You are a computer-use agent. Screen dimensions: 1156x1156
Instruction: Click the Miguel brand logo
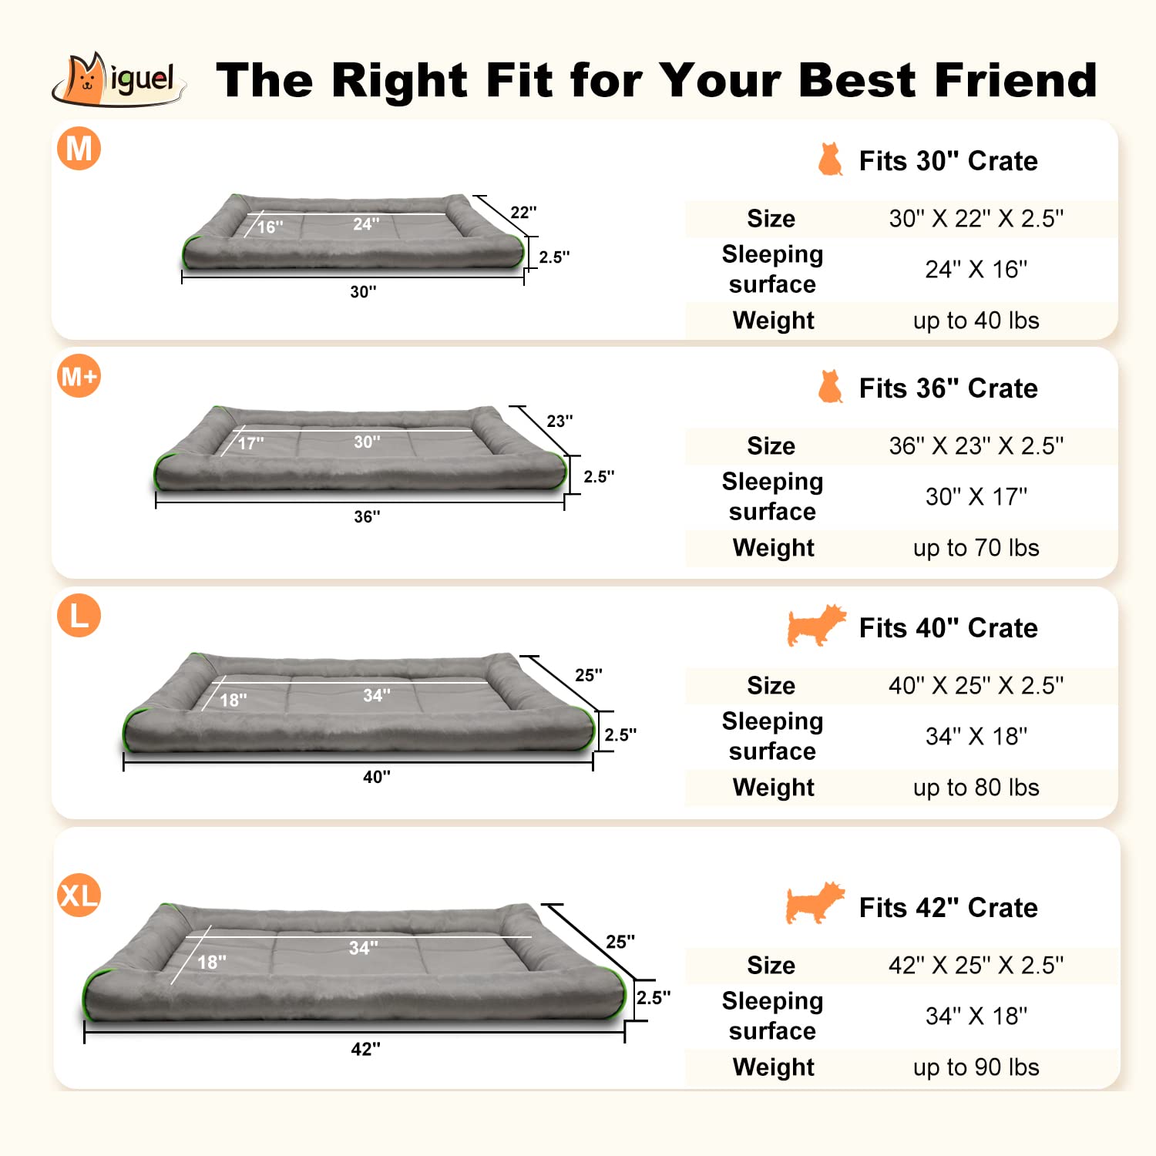(x=119, y=79)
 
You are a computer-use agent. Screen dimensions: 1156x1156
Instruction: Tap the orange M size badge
(x=79, y=148)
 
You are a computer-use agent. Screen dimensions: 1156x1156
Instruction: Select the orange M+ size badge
(x=79, y=376)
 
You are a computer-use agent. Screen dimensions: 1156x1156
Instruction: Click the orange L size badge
(x=79, y=616)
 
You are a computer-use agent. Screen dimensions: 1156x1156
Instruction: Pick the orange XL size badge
(x=79, y=896)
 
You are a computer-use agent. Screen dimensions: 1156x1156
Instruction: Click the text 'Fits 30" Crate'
(x=948, y=161)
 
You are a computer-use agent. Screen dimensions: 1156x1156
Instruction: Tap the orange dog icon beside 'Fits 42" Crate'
(x=815, y=903)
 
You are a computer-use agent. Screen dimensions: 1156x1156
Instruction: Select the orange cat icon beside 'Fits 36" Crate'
(x=830, y=387)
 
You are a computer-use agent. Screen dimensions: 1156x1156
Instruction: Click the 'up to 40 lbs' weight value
(x=976, y=321)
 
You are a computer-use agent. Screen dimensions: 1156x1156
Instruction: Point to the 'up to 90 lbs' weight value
(x=976, y=1067)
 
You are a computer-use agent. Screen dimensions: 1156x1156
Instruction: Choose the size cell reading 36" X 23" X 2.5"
(x=976, y=446)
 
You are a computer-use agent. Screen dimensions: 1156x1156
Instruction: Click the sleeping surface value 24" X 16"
(x=976, y=270)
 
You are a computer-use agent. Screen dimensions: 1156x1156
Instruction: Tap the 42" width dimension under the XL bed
(x=365, y=1050)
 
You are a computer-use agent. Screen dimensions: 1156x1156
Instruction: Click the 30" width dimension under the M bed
(x=363, y=292)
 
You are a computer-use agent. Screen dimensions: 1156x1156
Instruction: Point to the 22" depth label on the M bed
(x=523, y=213)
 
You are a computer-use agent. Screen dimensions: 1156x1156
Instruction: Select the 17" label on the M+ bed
(x=250, y=444)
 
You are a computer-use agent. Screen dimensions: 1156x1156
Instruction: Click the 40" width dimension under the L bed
(x=376, y=777)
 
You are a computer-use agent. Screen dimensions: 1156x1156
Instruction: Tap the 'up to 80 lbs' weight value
(x=976, y=788)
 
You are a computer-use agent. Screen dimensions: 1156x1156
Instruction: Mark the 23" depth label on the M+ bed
(x=560, y=422)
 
